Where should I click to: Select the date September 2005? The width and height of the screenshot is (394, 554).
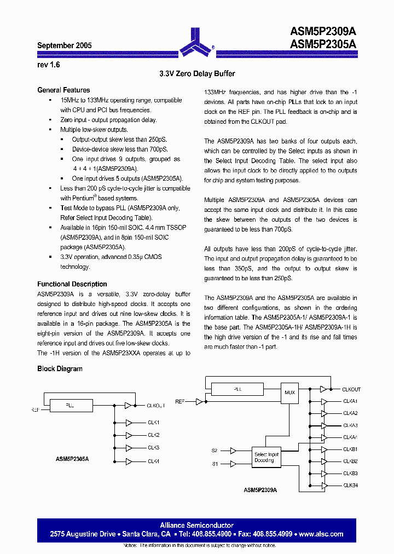tap(64, 46)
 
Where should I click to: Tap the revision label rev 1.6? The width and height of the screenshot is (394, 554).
tap(48, 64)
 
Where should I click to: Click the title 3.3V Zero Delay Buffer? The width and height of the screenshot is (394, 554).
tap(197, 73)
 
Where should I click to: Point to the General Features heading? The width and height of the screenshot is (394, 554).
tap(63, 90)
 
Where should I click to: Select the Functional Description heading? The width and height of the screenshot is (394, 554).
tap(72, 284)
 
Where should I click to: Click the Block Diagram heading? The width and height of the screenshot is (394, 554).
tap(60, 368)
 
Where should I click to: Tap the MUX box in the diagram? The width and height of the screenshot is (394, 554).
tap(289, 393)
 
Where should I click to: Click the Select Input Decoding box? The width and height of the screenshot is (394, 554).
tap(266, 457)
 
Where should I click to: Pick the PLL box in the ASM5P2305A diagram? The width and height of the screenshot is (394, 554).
tap(69, 406)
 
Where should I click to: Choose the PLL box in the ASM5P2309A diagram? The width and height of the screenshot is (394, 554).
tap(237, 389)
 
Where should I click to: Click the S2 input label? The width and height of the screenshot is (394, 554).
tap(215, 451)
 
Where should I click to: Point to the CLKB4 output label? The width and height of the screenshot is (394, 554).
tap(350, 486)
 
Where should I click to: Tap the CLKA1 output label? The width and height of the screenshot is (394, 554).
tap(350, 401)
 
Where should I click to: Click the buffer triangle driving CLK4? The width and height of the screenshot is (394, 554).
tap(129, 461)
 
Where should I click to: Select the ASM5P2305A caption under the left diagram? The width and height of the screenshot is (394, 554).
tap(72, 459)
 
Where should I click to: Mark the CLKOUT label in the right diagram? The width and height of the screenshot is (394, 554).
tap(351, 389)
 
